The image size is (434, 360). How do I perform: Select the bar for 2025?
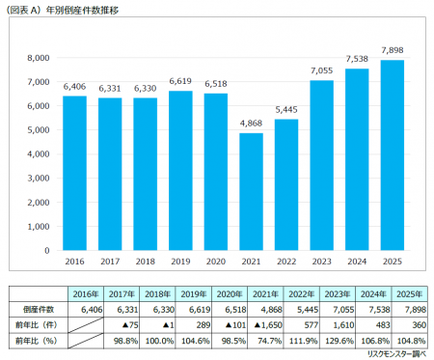pyautogui.click(x=391, y=154)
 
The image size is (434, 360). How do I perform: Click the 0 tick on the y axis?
pyautogui.click(x=45, y=250)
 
